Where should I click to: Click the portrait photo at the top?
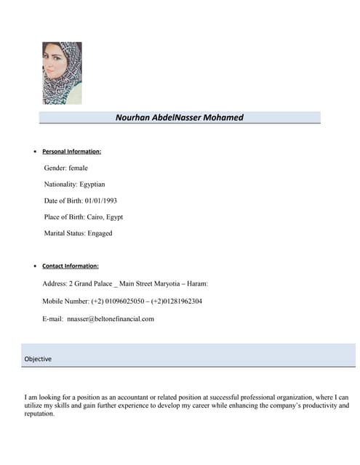click(x=62, y=73)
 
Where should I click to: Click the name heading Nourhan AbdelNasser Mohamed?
click(x=180, y=118)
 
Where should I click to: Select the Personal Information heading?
click(x=71, y=151)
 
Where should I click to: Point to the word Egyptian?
click(x=92, y=185)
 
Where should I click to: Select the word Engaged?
click(x=100, y=233)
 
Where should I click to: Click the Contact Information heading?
click(x=71, y=266)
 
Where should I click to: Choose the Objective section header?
click(x=38, y=359)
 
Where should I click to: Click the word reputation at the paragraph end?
click(x=39, y=413)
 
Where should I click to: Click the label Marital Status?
click(x=64, y=233)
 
